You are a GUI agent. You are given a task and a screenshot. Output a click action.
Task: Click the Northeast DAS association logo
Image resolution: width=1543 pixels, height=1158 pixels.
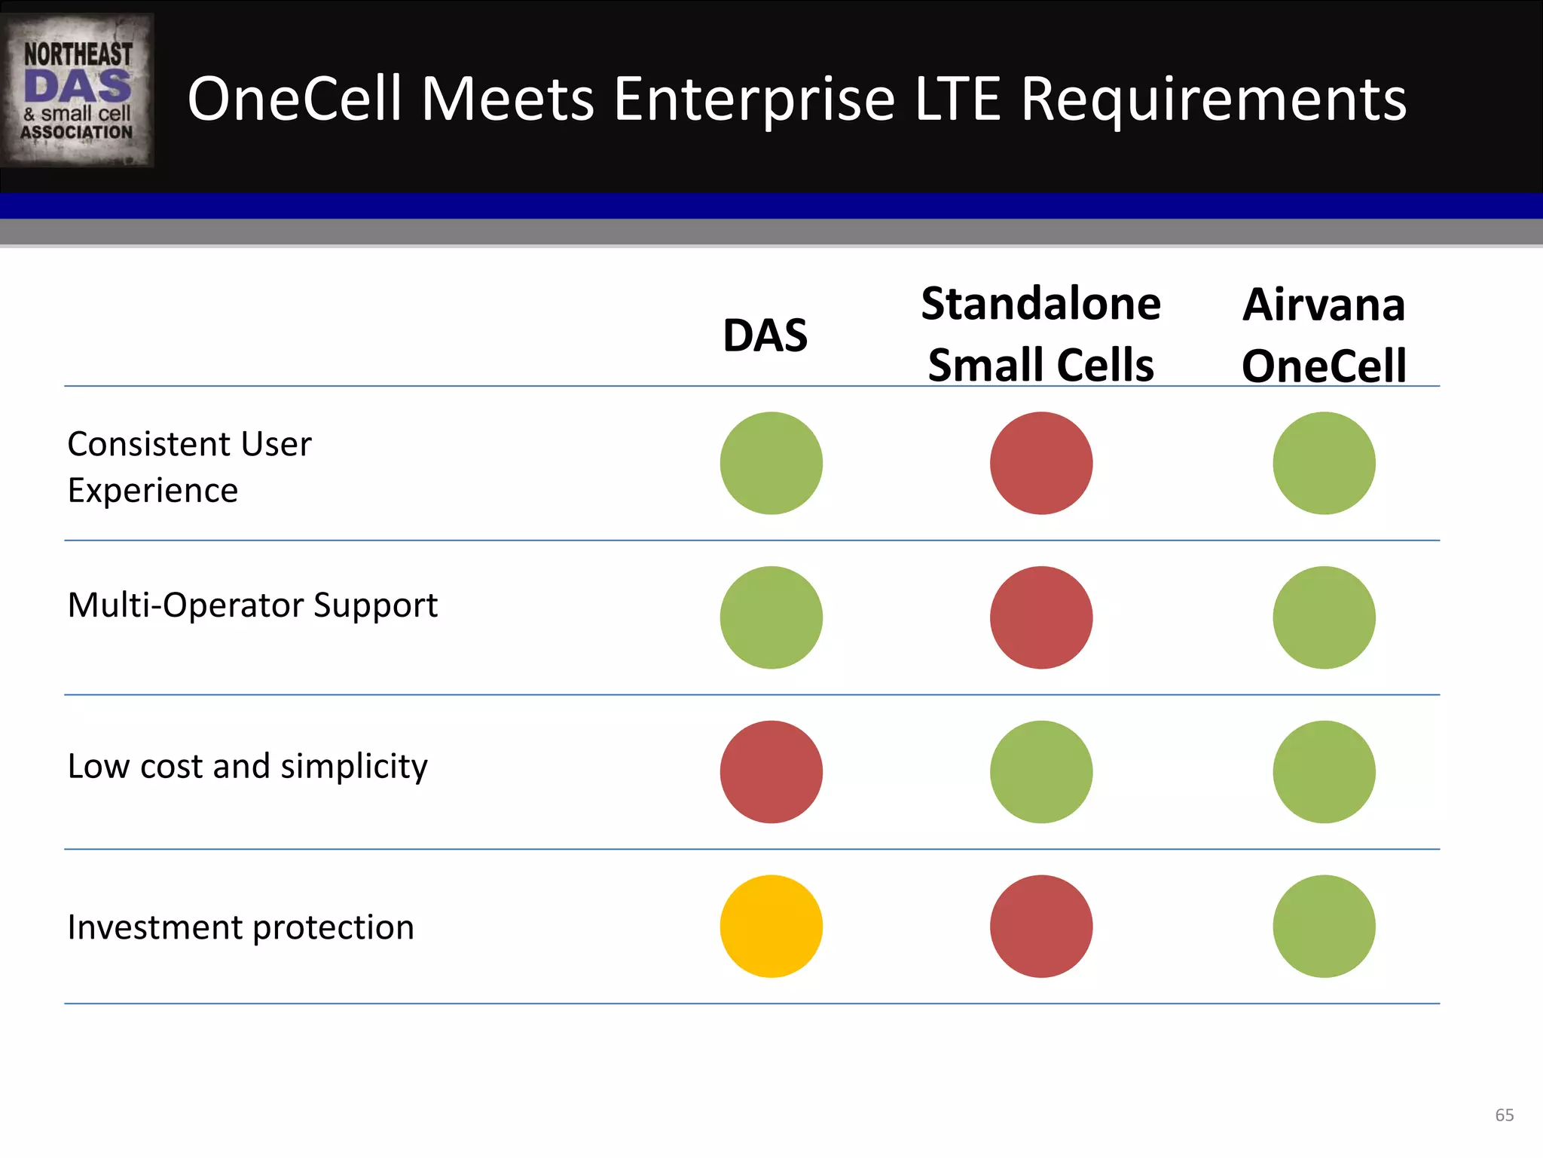[x=77, y=90]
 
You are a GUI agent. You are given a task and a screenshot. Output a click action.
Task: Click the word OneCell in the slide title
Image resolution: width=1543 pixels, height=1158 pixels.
[x=294, y=100]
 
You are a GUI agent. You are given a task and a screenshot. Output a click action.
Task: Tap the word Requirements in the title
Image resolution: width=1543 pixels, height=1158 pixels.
[x=1213, y=100]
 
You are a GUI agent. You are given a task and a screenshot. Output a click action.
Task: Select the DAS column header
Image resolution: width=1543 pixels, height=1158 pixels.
[x=765, y=335]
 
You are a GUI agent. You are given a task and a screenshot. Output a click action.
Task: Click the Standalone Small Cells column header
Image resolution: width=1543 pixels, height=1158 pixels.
[x=1040, y=335]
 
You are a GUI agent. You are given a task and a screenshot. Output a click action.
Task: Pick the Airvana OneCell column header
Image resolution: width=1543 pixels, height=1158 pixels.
[x=1324, y=335]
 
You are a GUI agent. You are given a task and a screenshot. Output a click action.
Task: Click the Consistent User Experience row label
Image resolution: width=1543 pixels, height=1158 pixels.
[x=189, y=467]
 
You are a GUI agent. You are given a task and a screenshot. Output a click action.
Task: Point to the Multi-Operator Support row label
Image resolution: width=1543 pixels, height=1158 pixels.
[x=252, y=605]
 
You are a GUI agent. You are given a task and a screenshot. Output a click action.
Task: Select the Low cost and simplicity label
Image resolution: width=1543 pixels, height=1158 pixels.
[x=247, y=767]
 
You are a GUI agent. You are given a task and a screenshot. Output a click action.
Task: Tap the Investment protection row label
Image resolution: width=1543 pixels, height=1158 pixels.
[x=240, y=927]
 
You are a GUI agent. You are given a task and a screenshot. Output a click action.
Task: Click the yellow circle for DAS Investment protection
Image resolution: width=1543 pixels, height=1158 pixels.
[x=771, y=927]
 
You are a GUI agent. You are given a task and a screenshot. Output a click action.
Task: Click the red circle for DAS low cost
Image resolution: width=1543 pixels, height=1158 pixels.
[x=771, y=772]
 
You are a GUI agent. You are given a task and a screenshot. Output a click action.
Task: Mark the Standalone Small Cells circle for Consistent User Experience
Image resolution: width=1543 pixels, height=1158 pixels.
[x=1041, y=463]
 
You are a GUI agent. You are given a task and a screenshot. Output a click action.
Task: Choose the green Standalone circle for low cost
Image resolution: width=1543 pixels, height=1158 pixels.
[x=1041, y=772]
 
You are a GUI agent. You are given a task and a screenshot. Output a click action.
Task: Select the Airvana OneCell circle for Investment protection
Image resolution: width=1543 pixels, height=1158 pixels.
[x=1324, y=927]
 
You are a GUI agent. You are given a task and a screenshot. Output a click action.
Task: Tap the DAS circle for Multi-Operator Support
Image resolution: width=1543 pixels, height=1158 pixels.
[x=771, y=617]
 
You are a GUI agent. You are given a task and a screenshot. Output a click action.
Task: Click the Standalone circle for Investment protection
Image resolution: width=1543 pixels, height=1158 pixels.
[x=1041, y=927]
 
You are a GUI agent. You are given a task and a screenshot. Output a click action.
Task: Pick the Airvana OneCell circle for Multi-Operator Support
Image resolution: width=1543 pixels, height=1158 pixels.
[x=1324, y=617]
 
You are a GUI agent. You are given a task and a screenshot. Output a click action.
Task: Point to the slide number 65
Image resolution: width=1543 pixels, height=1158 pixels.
[x=1504, y=1115]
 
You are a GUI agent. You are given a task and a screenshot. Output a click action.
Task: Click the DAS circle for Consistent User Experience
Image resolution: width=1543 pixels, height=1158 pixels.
[x=771, y=463]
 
